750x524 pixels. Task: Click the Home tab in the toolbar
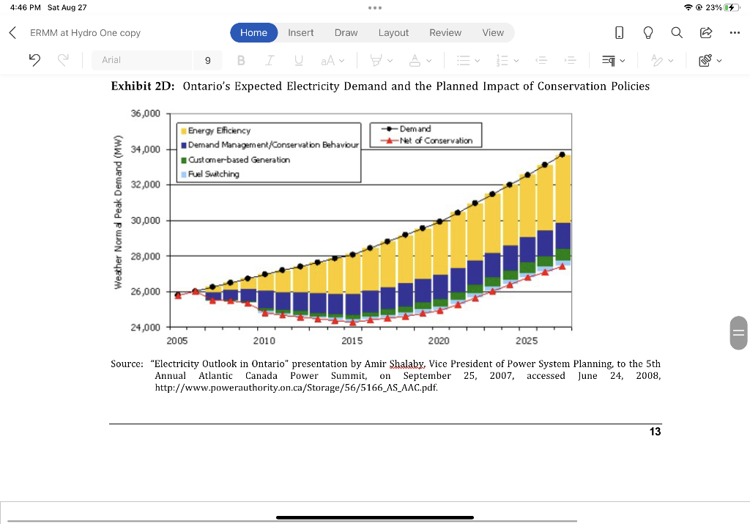pyautogui.click(x=253, y=32)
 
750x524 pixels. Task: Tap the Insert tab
pyautogui.click(x=300, y=32)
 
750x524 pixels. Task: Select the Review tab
pyautogui.click(x=445, y=32)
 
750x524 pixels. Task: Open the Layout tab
pyautogui.click(x=393, y=32)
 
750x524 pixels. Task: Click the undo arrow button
pyautogui.click(x=34, y=60)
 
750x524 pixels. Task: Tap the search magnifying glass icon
pyautogui.click(x=676, y=32)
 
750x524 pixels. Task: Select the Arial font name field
pyautogui.click(x=139, y=60)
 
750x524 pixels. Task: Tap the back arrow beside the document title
pyautogui.click(x=12, y=32)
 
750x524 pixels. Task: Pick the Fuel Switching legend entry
pyautogui.click(x=213, y=174)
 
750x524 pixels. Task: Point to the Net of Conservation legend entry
pyautogui.click(x=435, y=141)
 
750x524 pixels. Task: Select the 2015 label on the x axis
pyautogui.click(x=352, y=341)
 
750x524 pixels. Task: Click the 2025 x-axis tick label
pyautogui.click(x=527, y=341)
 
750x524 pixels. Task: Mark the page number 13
pyautogui.click(x=655, y=432)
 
